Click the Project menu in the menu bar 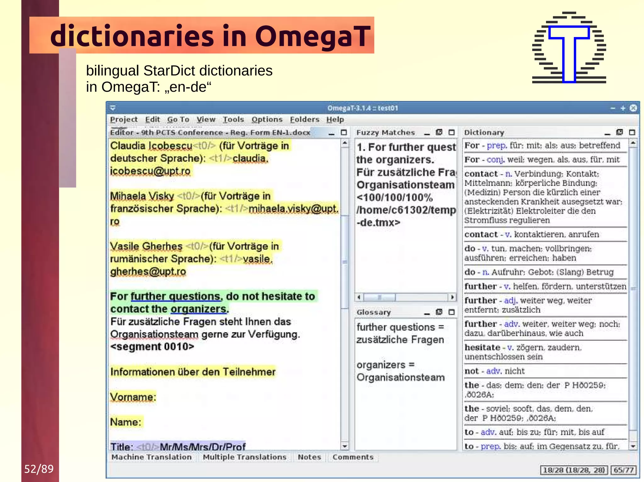pos(124,120)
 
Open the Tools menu pos(233,120)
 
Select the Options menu pos(267,120)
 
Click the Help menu pos(335,120)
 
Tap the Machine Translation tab pos(152,457)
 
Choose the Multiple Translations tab pos(245,457)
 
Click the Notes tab pos(309,457)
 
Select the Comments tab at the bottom pos(353,457)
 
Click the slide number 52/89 pos(39,469)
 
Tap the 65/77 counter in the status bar pos(623,470)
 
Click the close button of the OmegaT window pos(633,108)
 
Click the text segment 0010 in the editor pos(152,347)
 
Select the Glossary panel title pos(374,312)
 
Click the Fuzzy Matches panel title pos(386,133)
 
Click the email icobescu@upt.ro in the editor pos(150,171)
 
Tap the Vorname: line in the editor pos(133,397)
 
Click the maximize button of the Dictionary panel pos(632,133)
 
